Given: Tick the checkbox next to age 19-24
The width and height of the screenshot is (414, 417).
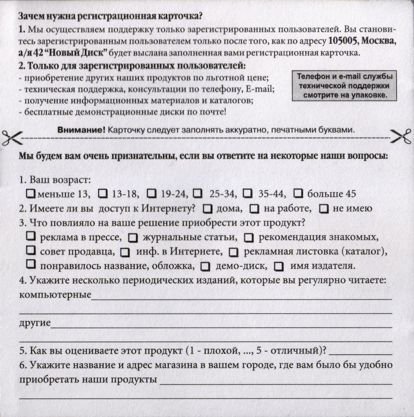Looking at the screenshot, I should [x=152, y=193].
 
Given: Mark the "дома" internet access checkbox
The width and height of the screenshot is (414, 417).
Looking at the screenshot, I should [x=208, y=209].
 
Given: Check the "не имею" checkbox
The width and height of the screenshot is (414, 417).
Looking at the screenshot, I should [x=324, y=209].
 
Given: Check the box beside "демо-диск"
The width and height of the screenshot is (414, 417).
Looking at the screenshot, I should [x=205, y=267].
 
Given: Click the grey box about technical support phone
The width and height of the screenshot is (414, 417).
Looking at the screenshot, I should [x=344, y=85].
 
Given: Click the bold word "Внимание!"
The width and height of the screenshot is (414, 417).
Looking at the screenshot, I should [x=81, y=130].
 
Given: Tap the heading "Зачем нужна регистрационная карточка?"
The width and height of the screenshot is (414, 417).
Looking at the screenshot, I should [x=110, y=17].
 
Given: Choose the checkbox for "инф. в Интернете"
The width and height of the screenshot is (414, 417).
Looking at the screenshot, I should [x=125, y=253].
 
